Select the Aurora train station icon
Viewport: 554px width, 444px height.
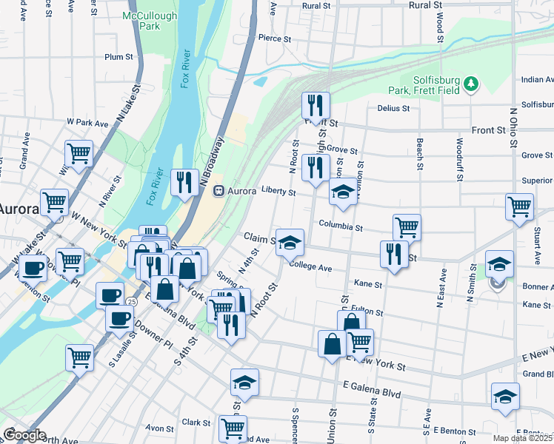pyautogui.click(x=219, y=191)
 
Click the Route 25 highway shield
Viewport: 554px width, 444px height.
pyautogui.click(x=130, y=302)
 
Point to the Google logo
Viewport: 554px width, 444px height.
pyautogui.click(x=24, y=435)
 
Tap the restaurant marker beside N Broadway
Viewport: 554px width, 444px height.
pyautogui.click(x=184, y=182)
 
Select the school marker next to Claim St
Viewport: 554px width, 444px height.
pyautogui.click(x=290, y=241)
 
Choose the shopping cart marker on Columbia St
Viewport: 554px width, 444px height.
pyautogui.click(x=407, y=226)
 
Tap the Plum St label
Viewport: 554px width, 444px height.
pyautogui.click(x=119, y=56)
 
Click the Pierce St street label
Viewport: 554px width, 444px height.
pyautogui.click(x=271, y=37)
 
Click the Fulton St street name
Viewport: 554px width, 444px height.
pyautogui.click(x=367, y=312)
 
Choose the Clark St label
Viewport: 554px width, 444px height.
pyautogui.click(x=196, y=423)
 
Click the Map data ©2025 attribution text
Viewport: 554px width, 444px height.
pyautogui.click(x=520, y=438)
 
